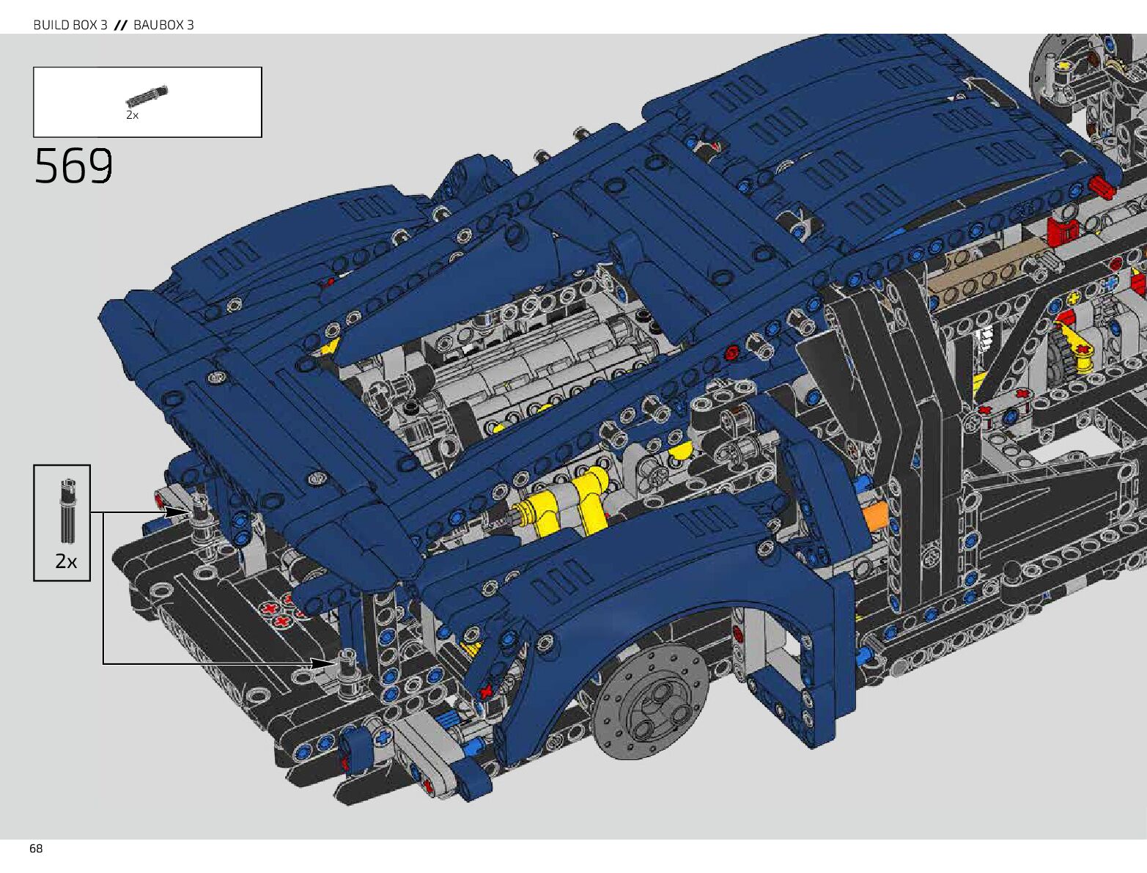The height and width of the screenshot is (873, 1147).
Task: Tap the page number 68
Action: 36,849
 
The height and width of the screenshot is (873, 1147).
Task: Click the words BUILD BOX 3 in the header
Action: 70,24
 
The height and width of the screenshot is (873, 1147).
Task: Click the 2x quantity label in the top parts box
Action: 132,115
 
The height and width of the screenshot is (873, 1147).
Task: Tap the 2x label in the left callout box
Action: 66,561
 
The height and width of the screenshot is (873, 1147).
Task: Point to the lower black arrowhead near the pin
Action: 322,663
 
